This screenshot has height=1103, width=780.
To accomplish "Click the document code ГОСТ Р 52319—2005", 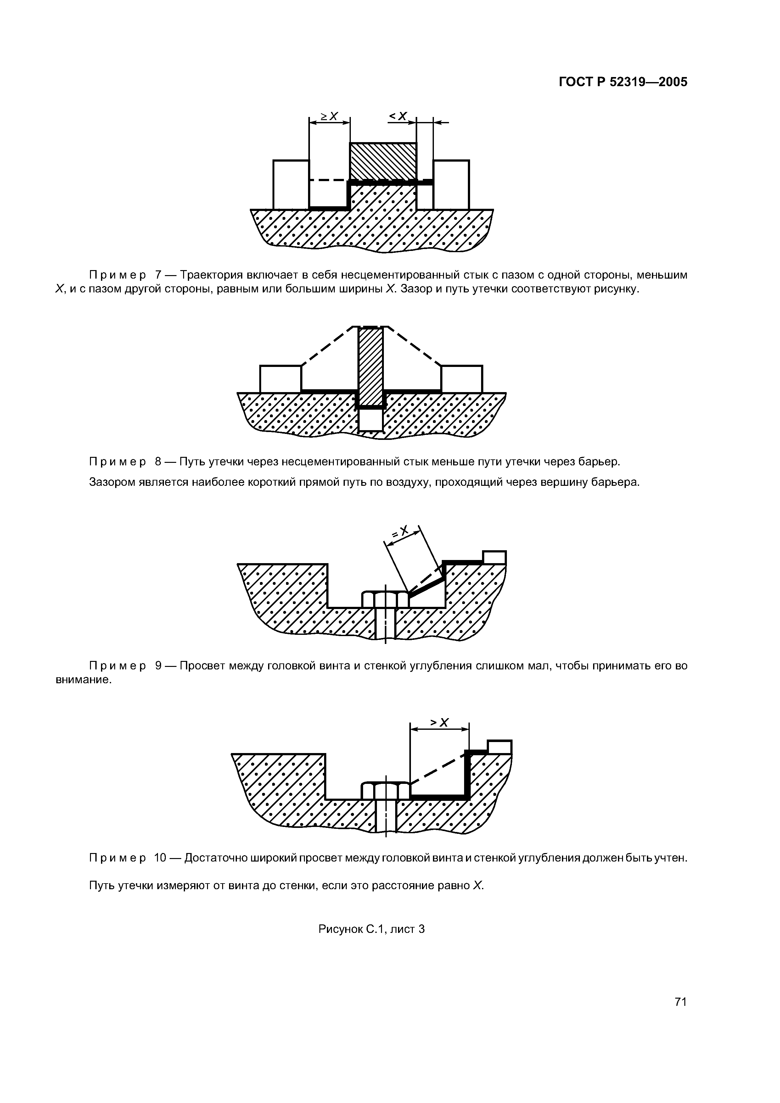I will [623, 82].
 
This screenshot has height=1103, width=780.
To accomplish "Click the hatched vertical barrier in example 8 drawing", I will [371, 365].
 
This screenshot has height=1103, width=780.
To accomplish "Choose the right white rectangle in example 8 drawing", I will [461, 379].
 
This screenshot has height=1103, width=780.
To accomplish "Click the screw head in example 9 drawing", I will [385, 600].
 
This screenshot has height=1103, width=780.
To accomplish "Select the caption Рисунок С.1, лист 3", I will [372, 943].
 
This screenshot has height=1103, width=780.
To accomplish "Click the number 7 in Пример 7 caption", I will [158, 275].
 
